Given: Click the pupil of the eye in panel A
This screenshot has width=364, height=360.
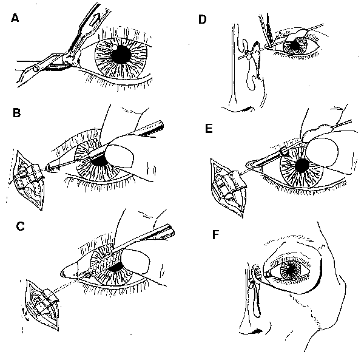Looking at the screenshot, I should click(x=122, y=54).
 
